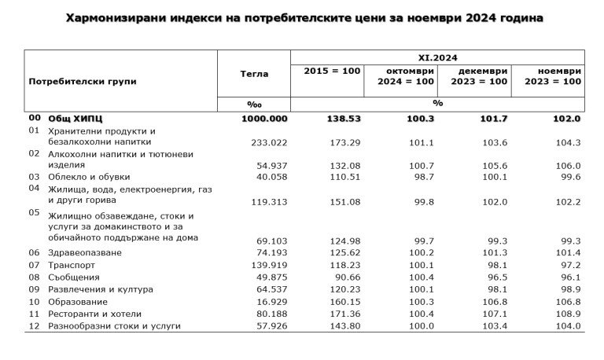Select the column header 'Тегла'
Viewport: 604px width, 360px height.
[254, 74]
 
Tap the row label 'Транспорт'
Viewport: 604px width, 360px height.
[73, 265]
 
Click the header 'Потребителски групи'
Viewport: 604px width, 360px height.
[83, 81]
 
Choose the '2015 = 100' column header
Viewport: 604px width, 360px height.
[332, 71]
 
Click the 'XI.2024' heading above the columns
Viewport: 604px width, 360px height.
[437, 57]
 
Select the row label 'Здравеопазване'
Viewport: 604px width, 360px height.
[86, 253]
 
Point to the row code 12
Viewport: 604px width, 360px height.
[34, 325]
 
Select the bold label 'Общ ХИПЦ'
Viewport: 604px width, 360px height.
[76, 119]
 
